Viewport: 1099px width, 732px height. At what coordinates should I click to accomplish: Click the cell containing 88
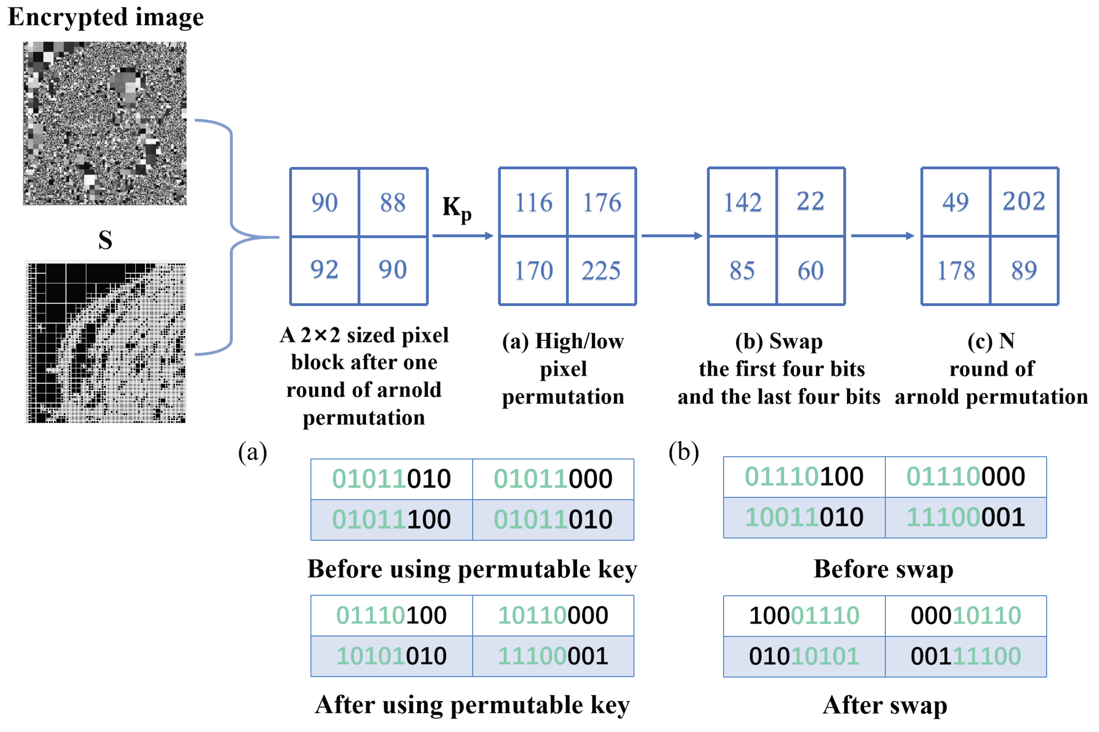point(392,202)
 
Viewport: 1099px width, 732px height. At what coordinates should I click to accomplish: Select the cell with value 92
point(324,270)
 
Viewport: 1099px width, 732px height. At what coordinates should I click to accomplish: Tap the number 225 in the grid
point(600,270)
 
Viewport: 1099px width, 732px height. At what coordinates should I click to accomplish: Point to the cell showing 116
point(533,202)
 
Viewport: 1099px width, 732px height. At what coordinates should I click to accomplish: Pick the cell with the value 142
point(742,202)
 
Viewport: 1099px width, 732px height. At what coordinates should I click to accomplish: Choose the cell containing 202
point(1023,201)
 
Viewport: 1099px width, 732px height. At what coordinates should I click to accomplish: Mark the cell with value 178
point(956,270)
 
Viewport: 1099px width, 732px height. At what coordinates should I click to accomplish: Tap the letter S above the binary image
point(105,240)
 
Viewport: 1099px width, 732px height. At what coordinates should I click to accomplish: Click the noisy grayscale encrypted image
point(105,123)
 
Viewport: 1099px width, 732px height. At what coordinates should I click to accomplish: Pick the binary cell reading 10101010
point(391,656)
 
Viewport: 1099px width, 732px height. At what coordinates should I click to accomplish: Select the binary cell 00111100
point(965,656)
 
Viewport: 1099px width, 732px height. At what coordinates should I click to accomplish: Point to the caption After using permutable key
point(472,704)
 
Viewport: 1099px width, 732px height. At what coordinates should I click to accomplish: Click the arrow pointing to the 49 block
point(882,236)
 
